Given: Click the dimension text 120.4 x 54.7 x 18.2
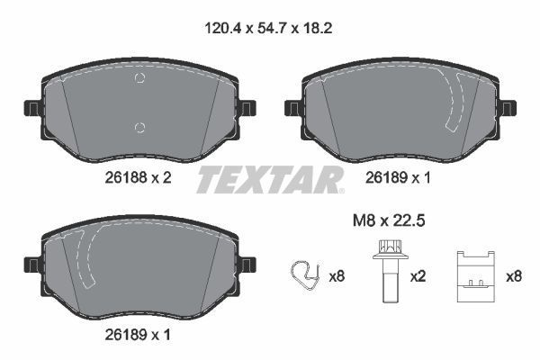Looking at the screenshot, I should click(269, 28).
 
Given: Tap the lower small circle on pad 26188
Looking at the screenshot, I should click(138, 126).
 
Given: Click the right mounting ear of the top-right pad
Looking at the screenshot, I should click(508, 108).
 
